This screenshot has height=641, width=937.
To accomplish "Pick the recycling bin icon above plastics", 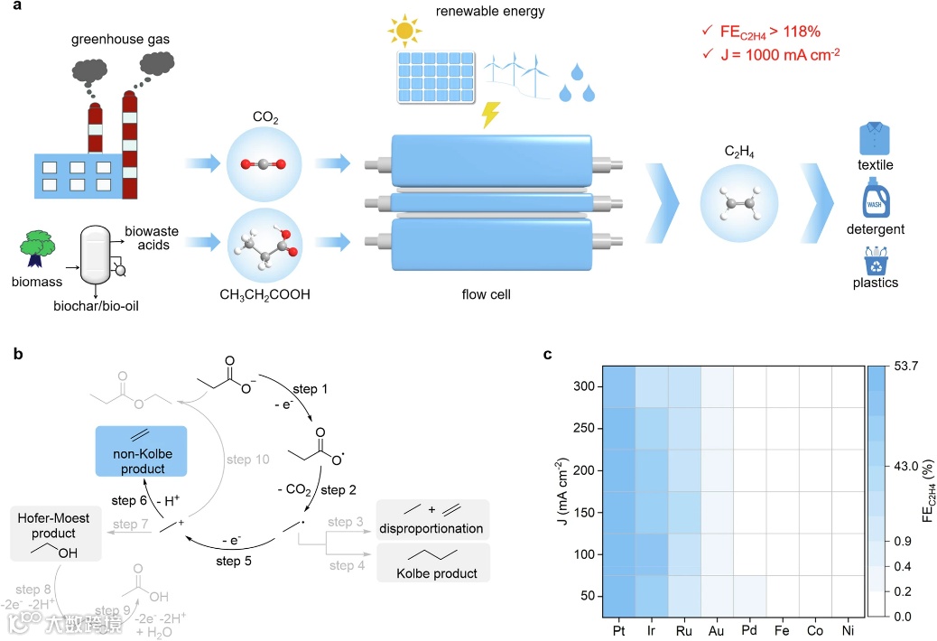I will coord(875,263).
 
